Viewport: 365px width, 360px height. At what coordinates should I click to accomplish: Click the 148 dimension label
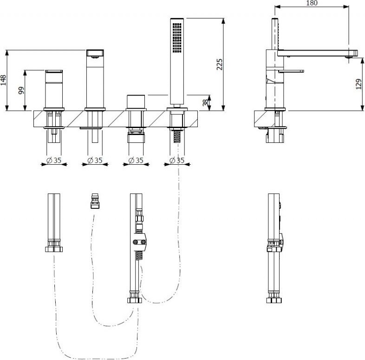4,80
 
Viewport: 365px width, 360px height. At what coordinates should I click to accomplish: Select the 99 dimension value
20,90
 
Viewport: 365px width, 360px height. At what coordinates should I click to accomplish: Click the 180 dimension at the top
312,3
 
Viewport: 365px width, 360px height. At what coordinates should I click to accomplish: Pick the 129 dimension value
358,84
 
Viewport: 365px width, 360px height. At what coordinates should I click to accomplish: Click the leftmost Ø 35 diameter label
54,161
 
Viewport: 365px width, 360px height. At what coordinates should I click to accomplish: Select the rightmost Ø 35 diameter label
177,161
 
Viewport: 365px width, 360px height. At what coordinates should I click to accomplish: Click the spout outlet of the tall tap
96,55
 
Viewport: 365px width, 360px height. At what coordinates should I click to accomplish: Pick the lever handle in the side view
291,71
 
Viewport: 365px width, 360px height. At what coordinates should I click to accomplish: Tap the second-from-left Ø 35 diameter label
95,161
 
